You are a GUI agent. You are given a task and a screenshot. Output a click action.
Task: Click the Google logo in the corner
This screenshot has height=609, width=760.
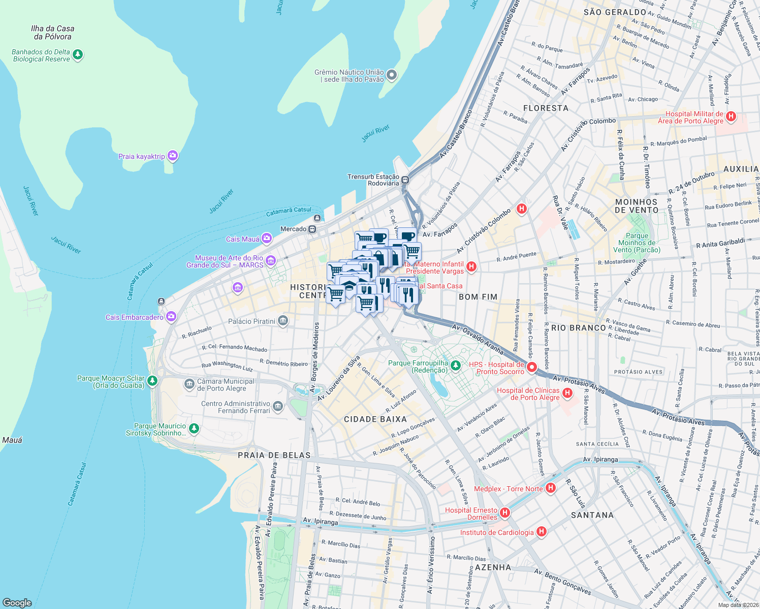(x=17, y=602)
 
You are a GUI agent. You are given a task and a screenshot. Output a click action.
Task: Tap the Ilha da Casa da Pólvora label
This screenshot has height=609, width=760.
(x=52, y=32)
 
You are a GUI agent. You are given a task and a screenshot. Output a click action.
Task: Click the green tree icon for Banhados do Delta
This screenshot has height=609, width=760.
(x=78, y=54)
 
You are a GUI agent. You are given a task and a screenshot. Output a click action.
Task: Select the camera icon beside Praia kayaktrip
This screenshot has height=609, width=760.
(x=173, y=156)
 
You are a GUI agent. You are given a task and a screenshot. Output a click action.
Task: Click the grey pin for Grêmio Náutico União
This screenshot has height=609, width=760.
(x=392, y=76)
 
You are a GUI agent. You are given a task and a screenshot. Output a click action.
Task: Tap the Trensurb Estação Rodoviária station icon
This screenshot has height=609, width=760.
(x=405, y=180)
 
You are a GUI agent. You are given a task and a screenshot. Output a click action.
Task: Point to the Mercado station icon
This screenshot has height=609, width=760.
(x=312, y=229)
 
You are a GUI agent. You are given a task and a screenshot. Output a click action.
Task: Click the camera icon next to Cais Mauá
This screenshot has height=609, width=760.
(x=267, y=239)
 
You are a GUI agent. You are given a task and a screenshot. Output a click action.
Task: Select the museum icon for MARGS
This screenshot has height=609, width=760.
(x=271, y=261)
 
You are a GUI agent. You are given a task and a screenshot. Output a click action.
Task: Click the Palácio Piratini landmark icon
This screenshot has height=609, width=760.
(x=283, y=321)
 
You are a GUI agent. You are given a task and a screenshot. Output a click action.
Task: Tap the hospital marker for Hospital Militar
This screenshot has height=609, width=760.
(x=731, y=117)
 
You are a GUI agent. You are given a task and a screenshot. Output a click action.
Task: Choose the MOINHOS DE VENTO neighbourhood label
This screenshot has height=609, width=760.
(x=637, y=206)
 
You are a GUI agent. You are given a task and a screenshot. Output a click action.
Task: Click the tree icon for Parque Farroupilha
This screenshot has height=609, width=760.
(x=456, y=365)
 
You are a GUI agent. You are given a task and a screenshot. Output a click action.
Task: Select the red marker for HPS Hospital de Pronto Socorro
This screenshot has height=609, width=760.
(x=532, y=367)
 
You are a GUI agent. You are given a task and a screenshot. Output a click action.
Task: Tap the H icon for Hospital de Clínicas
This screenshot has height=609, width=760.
(x=567, y=393)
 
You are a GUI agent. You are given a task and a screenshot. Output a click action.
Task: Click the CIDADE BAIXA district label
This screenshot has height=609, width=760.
(x=375, y=419)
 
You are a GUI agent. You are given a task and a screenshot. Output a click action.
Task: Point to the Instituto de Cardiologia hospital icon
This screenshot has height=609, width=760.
(x=542, y=531)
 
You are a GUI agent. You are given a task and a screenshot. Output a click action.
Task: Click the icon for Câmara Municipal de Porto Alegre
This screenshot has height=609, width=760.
(x=189, y=384)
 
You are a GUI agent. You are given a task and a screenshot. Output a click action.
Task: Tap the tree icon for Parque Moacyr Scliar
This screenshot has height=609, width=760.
(x=152, y=380)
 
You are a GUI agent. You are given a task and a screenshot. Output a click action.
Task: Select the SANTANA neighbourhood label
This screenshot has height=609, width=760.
(x=592, y=515)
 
